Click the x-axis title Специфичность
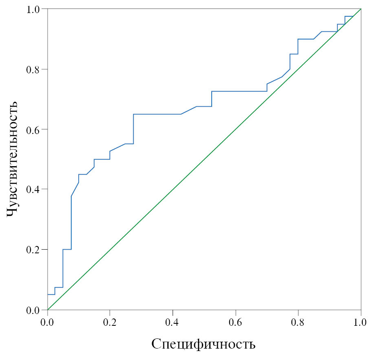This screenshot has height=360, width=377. click(204, 344)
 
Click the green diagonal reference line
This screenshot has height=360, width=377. click(204, 160)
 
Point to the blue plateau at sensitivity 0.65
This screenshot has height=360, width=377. click(157, 114)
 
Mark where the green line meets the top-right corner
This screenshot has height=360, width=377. click(361, 9)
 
